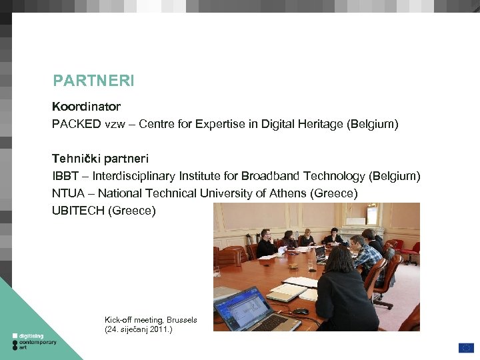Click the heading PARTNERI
click(93, 81)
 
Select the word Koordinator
click(86, 107)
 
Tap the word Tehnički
click(75, 159)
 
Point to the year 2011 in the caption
click(157, 329)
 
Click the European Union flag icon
click(466, 347)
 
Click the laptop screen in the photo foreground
click(240, 300)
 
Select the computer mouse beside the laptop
click(301, 311)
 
